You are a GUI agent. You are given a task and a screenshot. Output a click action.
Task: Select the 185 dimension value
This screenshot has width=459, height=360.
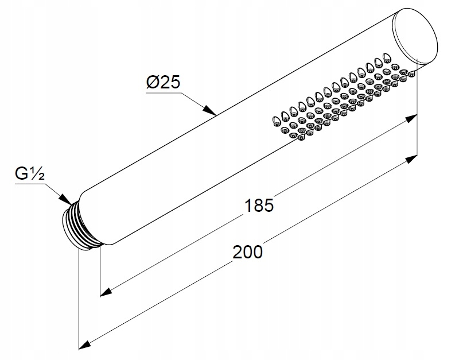click(x=258, y=205)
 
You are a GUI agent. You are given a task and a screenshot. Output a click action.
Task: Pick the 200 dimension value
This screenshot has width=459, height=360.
click(x=248, y=251)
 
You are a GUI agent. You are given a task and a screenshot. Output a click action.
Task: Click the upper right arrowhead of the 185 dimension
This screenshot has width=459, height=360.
click(x=410, y=118)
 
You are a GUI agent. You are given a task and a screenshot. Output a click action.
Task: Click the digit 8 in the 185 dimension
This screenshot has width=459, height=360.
click(x=258, y=205)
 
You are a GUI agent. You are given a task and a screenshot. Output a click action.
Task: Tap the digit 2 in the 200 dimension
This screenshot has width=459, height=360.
click(x=238, y=251)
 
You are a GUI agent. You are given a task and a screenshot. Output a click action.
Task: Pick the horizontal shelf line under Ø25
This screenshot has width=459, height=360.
click(x=163, y=91)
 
